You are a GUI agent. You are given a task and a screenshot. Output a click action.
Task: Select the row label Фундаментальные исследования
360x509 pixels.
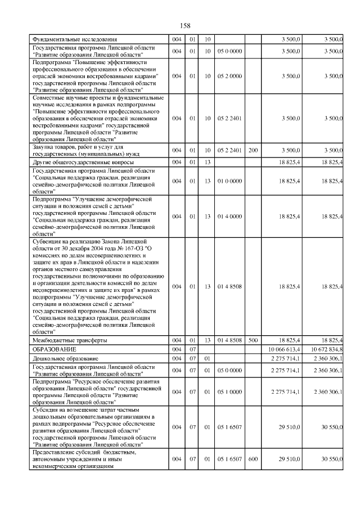tap(74, 39)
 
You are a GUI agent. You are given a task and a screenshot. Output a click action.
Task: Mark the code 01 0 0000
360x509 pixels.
tap(230, 181)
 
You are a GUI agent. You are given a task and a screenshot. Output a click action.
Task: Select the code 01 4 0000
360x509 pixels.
tap(230, 216)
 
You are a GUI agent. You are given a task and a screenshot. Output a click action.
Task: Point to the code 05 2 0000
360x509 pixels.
tap(230, 75)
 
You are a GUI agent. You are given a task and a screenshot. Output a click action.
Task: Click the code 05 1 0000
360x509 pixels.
tap(230, 391)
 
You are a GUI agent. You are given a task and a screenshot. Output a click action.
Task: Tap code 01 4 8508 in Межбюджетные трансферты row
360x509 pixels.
tap(230, 340)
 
